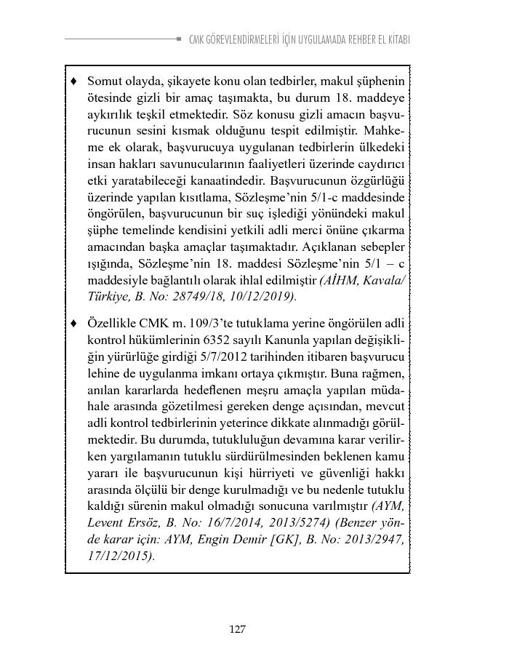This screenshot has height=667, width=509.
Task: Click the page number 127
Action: pos(237,629)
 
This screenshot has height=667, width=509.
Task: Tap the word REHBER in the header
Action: pos(352,39)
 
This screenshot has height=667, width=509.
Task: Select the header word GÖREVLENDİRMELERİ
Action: pos(244,39)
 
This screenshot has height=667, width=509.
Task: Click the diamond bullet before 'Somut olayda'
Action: pos(73,80)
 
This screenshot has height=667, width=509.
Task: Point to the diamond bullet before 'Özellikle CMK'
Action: pos(73,322)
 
